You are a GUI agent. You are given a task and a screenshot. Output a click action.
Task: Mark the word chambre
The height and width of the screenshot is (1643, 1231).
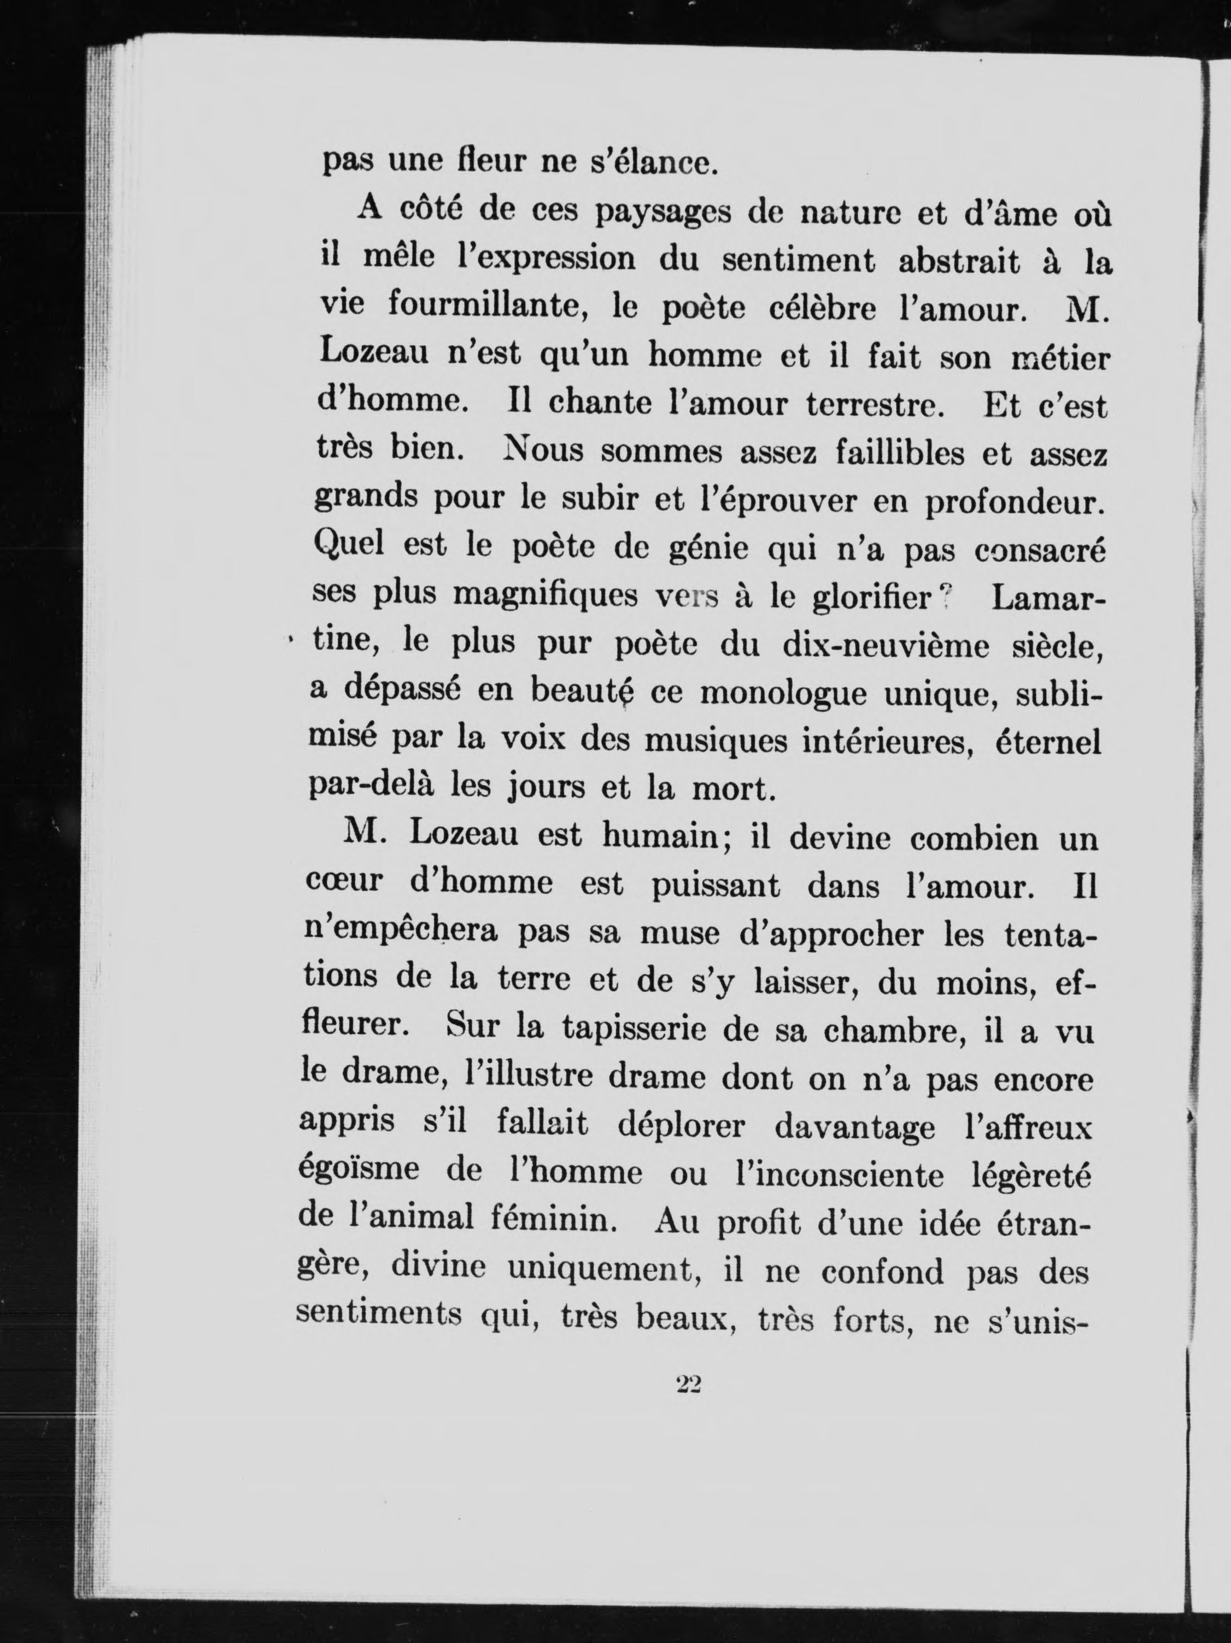[x=892, y=1029]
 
